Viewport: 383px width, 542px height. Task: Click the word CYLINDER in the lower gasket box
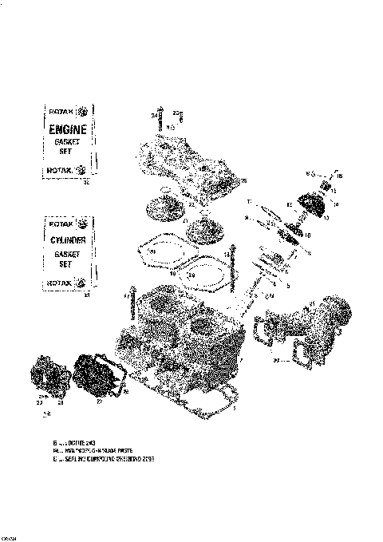67,239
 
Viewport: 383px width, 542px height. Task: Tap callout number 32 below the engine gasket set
86,183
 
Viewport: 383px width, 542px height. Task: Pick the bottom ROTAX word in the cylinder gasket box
61,282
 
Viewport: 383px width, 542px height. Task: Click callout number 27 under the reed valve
99,403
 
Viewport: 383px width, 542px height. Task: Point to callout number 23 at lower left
39,403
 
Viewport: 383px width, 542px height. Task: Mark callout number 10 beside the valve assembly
308,235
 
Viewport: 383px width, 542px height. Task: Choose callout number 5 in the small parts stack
290,285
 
